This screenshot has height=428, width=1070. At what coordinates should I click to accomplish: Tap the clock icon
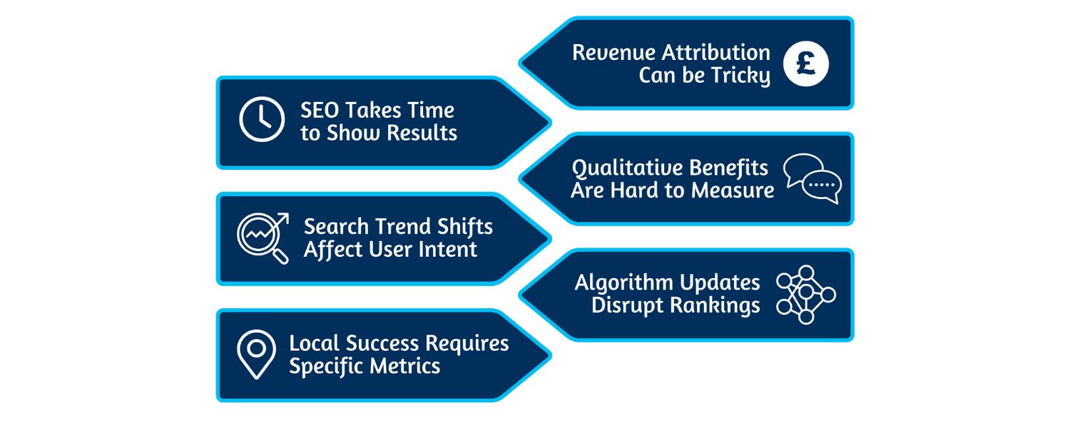tap(262, 119)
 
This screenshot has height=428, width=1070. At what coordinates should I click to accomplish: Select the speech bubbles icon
tap(812, 178)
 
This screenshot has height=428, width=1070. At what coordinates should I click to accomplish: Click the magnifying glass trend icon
tap(263, 238)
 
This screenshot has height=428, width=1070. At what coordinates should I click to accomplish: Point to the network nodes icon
tap(806, 295)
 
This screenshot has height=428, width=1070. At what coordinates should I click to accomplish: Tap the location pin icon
tap(256, 354)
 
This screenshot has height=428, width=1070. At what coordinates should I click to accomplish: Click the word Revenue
tap(614, 53)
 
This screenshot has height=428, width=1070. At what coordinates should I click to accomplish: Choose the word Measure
tap(735, 190)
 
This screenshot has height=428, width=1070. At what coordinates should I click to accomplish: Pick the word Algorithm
tap(623, 282)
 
